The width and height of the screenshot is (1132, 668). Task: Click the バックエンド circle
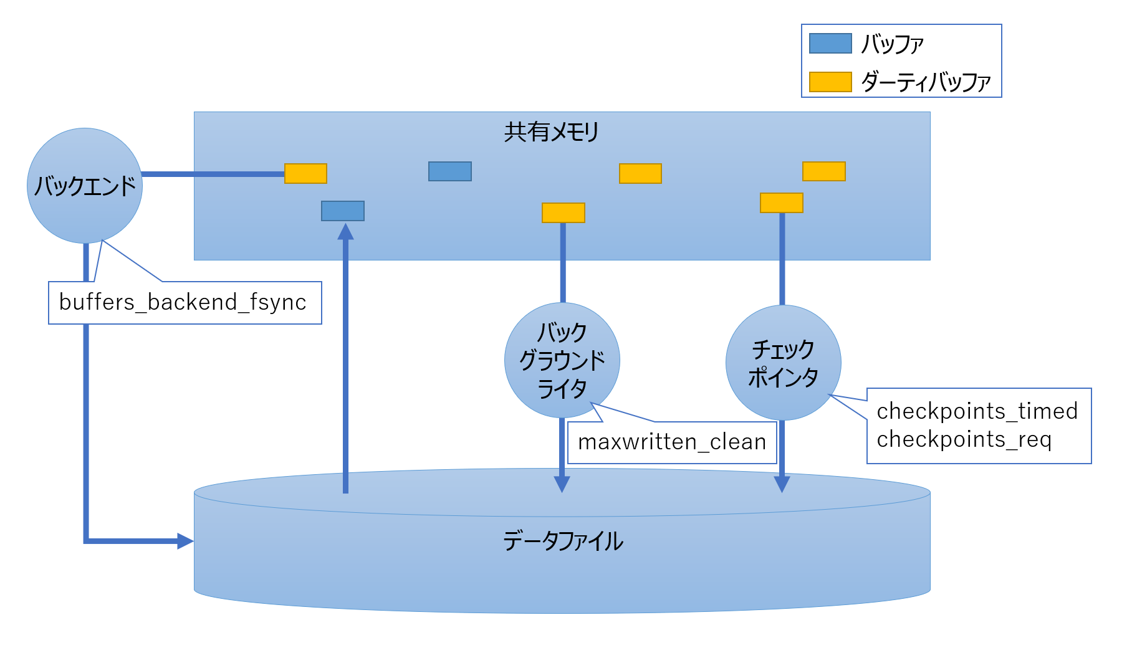(85, 186)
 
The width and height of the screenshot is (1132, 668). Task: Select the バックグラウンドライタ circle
(562, 360)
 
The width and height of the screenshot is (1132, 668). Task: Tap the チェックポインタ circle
(784, 363)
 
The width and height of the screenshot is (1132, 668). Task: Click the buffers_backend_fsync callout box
(185, 303)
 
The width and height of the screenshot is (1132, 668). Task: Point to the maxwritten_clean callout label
(672, 442)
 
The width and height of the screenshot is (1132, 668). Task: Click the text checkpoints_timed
(977, 411)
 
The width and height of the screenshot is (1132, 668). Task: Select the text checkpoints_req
(964, 440)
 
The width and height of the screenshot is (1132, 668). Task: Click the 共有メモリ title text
(552, 132)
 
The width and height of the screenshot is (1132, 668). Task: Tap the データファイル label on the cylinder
(563, 541)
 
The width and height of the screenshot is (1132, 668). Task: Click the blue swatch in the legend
(830, 44)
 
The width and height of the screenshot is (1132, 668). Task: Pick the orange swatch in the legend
(830, 82)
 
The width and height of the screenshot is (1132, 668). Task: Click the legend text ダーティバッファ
(926, 82)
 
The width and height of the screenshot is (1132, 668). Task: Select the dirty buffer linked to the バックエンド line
(305, 173)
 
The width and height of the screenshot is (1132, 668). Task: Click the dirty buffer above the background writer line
(564, 212)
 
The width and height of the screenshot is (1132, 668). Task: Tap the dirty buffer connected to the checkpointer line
(782, 203)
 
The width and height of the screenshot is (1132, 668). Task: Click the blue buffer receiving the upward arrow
(343, 211)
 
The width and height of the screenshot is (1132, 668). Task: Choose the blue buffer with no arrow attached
(450, 171)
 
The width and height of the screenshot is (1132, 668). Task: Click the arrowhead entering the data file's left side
(186, 541)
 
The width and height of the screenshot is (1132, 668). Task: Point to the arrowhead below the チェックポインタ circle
(782, 485)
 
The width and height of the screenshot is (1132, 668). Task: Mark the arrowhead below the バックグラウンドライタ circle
(562, 485)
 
